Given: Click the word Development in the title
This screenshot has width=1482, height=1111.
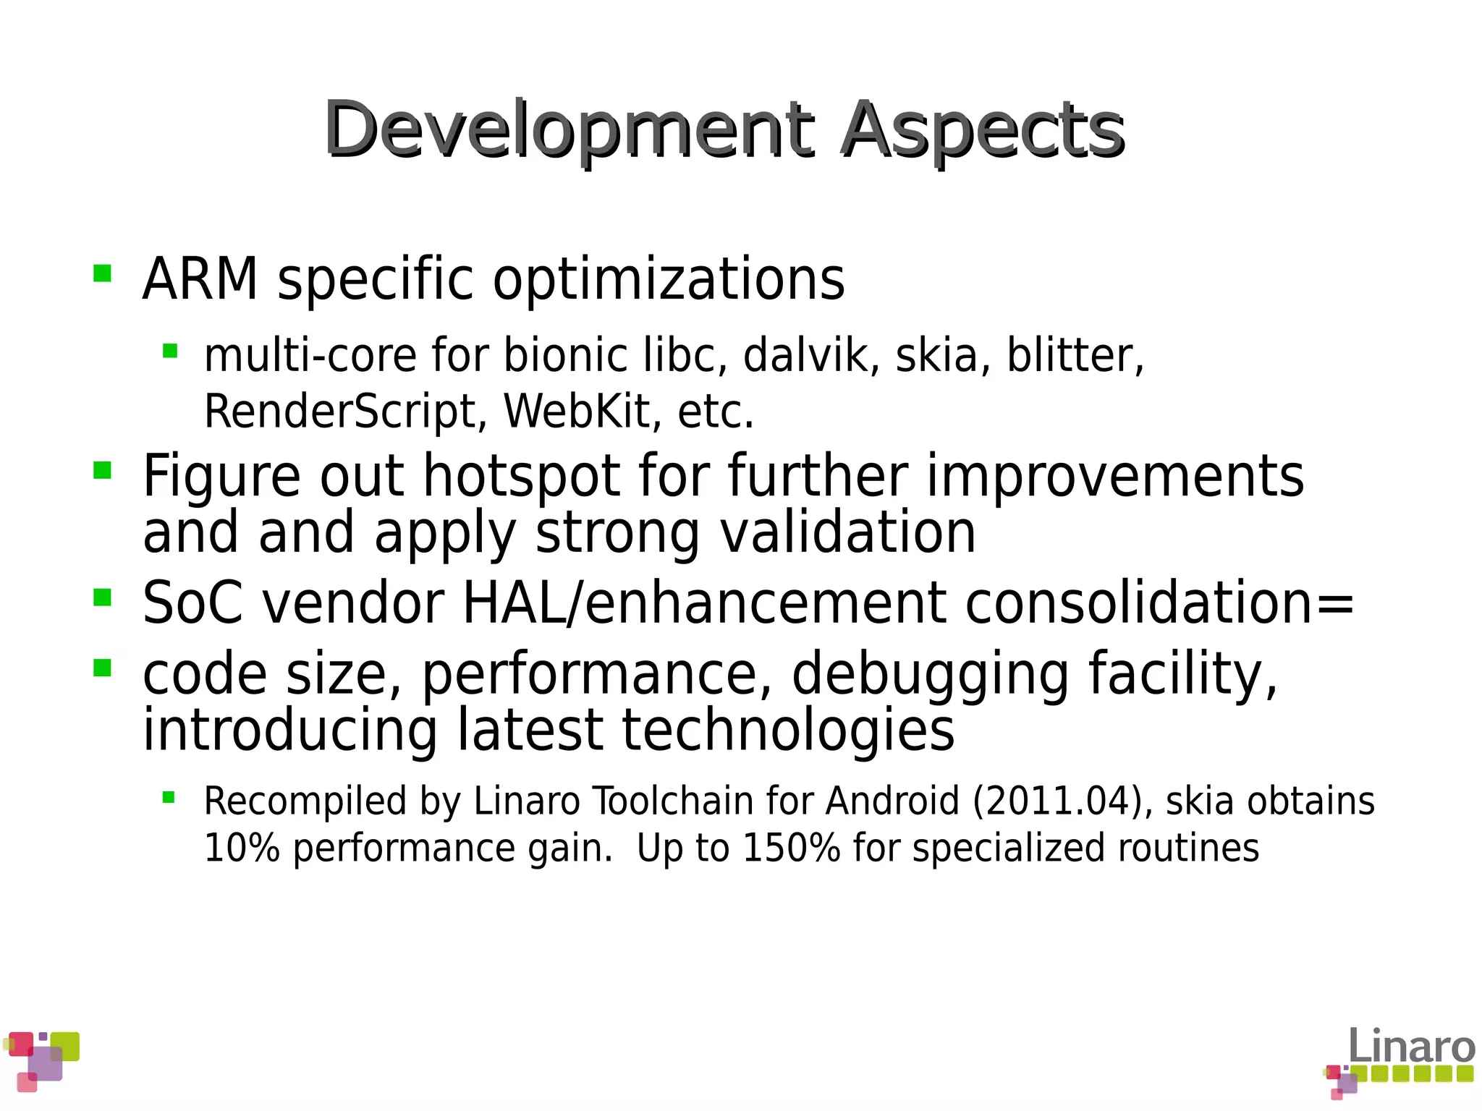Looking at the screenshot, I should (x=568, y=130).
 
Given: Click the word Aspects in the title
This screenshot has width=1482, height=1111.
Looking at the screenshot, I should (x=982, y=130).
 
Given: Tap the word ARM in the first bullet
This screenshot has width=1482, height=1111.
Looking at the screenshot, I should (x=200, y=279).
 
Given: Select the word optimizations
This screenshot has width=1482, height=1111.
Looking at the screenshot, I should (x=668, y=279).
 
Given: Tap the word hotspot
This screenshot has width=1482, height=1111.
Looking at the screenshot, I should (x=521, y=477).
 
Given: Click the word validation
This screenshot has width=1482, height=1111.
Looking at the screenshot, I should (x=848, y=533).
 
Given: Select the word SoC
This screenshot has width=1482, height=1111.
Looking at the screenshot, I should (x=192, y=603).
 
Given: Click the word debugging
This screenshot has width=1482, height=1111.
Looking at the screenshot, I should (x=931, y=674).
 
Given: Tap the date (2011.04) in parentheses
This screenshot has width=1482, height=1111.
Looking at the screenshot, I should (x=1062, y=801).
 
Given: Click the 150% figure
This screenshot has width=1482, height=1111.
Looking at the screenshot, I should (x=791, y=848).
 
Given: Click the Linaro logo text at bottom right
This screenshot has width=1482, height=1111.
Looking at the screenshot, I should (x=1411, y=1046).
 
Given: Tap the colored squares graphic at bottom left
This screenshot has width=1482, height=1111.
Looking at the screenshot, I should (x=41, y=1060).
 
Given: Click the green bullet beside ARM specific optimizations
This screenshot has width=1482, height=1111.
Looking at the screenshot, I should (x=103, y=273).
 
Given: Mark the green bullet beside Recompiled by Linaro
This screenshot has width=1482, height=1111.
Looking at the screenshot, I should (x=169, y=798).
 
